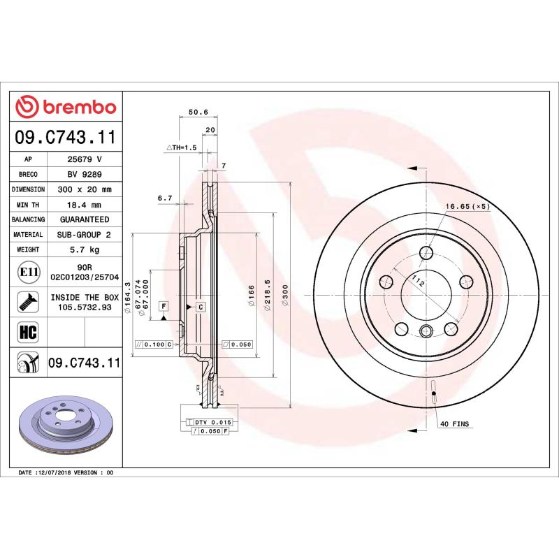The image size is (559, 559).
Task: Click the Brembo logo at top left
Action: (x=66, y=107)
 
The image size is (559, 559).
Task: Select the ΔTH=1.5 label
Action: (x=182, y=147)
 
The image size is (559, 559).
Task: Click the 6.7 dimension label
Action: (x=165, y=198)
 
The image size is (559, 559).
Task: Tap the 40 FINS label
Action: (x=455, y=424)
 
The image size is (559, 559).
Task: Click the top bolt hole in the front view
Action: (x=426, y=254)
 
